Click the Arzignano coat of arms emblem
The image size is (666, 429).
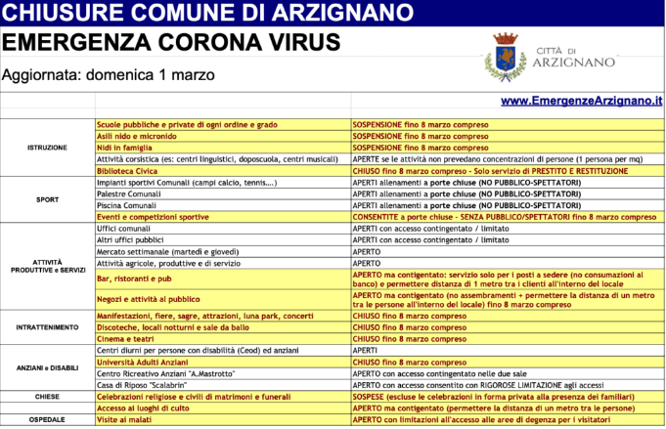506,56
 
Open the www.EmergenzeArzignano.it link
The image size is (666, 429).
581,101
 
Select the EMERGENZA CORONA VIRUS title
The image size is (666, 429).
171,42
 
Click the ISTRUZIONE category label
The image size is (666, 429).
47,148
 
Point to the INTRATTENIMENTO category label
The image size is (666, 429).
47,327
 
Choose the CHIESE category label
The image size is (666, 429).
47,397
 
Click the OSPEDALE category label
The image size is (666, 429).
47,419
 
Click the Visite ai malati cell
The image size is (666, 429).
129,419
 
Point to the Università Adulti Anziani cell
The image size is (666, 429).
148,362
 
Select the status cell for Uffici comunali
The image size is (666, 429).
430,228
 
